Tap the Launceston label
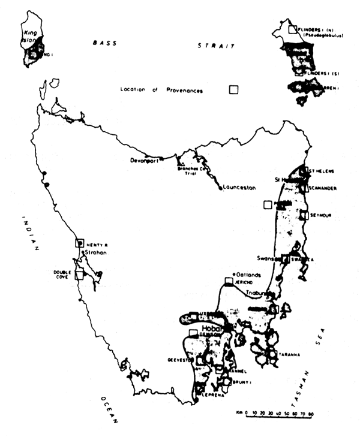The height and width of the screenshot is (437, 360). pos(238,188)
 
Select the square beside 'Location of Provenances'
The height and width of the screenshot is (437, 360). pos(233,90)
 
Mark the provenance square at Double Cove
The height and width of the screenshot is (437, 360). pos(79,275)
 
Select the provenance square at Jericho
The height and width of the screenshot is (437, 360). pos(229,281)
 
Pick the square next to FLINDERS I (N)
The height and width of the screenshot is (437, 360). pos(292,29)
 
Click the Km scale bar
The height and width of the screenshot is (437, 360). pos(281,414)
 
